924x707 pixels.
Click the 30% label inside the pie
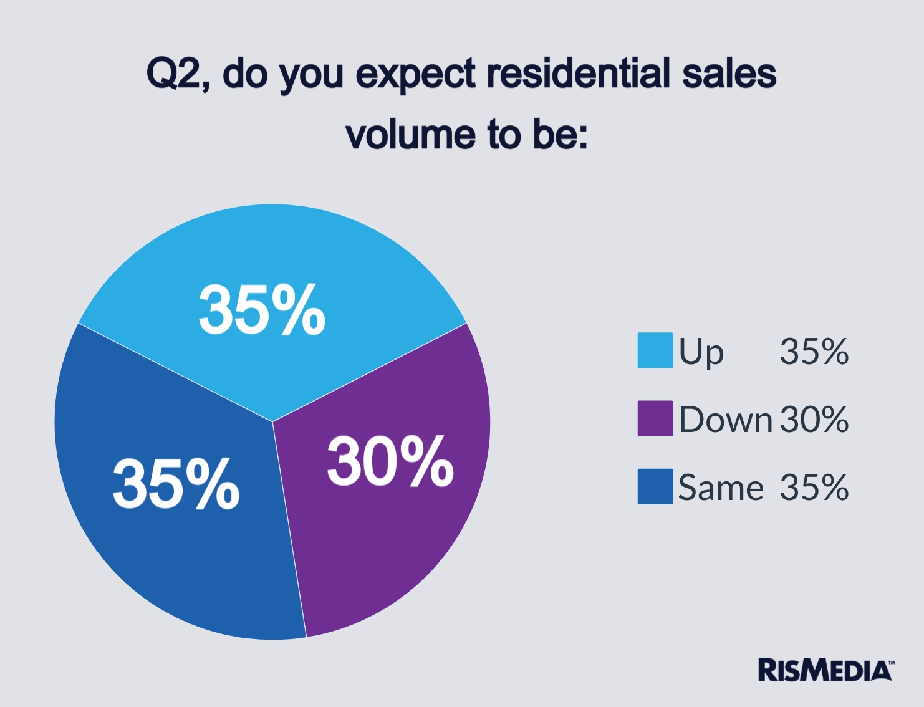click(390, 461)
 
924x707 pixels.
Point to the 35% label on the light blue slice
click(262, 310)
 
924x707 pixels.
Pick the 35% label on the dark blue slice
click(176, 483)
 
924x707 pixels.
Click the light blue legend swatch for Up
click(655, 350)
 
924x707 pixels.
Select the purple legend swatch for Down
click(655, 418)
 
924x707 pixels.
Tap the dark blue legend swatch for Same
click(655, 486)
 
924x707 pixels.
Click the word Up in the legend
click(701, 352)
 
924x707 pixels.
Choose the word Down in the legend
click(725, 419)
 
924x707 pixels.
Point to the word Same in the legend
click(720, 487)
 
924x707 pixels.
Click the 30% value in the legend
click(814, 419)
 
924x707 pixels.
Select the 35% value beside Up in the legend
click(814, 351)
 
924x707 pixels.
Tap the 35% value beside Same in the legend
click(814, 487)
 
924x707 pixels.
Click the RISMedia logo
click(825, 670)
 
